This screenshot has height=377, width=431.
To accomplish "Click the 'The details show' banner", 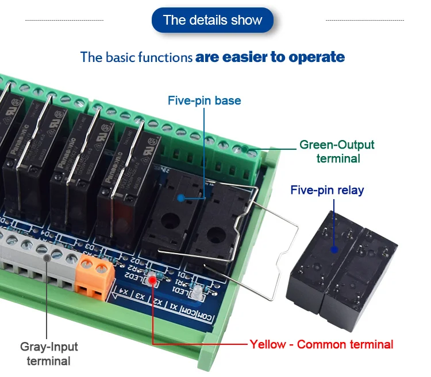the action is [212, 20].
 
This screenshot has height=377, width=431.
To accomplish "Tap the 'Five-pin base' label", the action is [204, 101].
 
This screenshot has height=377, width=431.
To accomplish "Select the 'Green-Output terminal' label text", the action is [337, 151].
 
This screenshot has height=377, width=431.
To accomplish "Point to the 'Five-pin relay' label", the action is [327, 190].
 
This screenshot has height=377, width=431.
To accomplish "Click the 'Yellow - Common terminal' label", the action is [321, 344].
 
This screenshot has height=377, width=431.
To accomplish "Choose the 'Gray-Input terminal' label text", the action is [49, 353].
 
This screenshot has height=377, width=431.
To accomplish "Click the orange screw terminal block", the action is [94, 275].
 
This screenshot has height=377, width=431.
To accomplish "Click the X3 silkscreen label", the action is [139, 297].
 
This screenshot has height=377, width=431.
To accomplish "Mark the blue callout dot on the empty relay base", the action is [180, 198].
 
